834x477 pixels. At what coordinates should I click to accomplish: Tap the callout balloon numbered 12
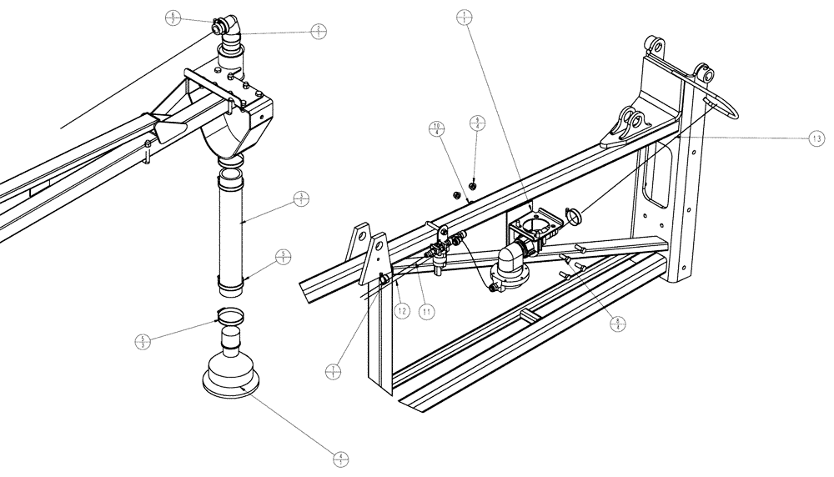[x=401, y=311]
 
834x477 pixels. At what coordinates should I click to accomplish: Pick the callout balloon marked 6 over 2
[x=173, y=18]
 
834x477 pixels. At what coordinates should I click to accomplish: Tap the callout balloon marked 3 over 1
[x=302, y=198]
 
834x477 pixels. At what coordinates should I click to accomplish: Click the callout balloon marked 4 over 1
[x=339, y=458]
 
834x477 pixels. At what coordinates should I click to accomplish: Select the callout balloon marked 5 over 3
[x=141, y=341]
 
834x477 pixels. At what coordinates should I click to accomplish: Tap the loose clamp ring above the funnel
[x=229, y=315]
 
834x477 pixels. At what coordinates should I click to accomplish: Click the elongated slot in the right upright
[x=658, y=175]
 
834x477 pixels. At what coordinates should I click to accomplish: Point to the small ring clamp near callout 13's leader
[x=572, y=215]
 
